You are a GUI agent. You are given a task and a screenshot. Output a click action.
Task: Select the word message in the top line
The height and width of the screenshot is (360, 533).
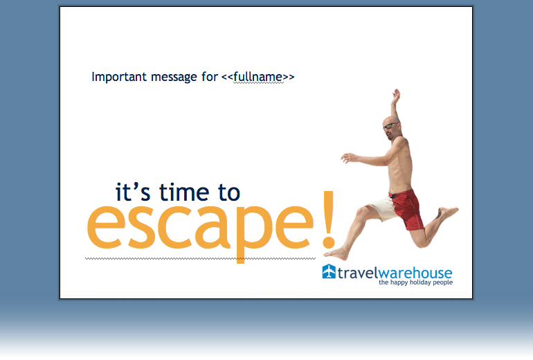pyautogui.click(x=174, y=78)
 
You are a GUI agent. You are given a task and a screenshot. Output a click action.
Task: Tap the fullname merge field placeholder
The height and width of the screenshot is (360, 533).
pyautogui.click(x=258, y=77)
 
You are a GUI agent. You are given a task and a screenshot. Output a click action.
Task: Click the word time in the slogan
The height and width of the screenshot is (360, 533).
pyautogui.click(x=184, y=192)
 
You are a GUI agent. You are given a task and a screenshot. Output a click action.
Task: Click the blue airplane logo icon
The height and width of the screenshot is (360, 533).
pyautogui.click(x=329, y=271)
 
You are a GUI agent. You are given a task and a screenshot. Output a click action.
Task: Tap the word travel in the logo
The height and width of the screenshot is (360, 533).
pyautogui.click(x=358, y=273)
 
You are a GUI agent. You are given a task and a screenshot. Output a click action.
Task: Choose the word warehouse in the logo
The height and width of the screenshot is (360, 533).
pyautogui.click(x=415, y=273)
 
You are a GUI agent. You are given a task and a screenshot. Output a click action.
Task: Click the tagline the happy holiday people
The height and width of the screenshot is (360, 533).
pyautogui.click(x=416, y=282)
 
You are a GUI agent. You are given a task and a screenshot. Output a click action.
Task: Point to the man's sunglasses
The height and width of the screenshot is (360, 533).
pyautogui.click(x=390, y=127)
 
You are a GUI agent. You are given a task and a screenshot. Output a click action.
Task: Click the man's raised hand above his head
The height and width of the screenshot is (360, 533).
pyautogui.click(x=396, y=95)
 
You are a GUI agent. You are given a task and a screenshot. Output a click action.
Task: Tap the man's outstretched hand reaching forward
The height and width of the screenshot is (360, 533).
pyautogui.click(x=348, y=158)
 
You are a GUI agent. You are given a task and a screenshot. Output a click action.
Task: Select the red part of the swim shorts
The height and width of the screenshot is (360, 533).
pyautogui.click(x=408, y=208)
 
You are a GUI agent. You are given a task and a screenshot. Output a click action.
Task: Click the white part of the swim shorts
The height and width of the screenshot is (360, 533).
pyautogui.click(x=383, y=208)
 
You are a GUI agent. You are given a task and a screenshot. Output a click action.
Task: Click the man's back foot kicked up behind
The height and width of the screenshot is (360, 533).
pyautogui.click(x=448, y=212)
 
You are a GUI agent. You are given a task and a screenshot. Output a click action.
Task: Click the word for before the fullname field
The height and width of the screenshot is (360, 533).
pyautogui.click(x=209, y=77)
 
